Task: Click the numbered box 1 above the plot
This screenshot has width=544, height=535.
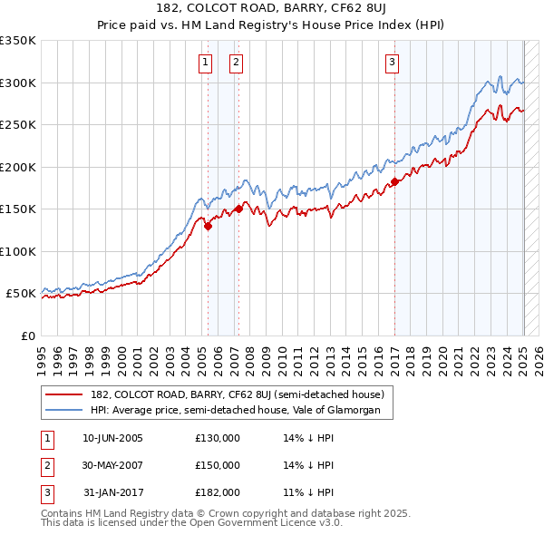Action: point(205,63)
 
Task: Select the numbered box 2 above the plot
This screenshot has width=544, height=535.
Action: point(236,63)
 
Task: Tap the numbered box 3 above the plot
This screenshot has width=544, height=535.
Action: point(392,63)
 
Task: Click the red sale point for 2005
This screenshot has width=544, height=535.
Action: point(208,227)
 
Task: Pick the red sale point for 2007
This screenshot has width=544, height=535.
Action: point(238,209)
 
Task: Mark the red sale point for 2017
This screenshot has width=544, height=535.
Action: point(395,182)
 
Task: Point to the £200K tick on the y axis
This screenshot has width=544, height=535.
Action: point(18,167)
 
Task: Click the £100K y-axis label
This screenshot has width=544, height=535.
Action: point(18,251)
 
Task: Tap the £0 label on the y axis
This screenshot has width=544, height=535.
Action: point(27,336)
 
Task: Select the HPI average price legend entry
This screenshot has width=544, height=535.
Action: point(241,411)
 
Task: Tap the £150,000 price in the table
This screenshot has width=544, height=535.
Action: point(218,465)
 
